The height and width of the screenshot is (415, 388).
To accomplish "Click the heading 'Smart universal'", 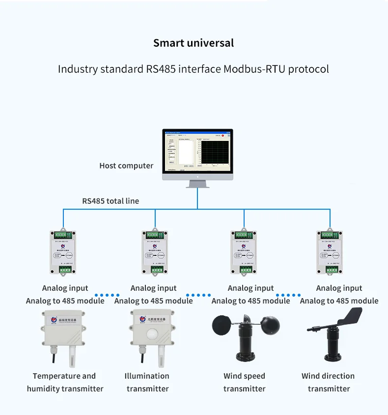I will [x=194, y=43].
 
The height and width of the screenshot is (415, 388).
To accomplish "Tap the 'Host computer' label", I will [x=126, y=166].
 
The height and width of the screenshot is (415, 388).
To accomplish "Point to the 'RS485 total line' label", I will [x=111, y=201].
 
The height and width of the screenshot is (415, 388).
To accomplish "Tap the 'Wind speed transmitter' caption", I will [x=244, y=382].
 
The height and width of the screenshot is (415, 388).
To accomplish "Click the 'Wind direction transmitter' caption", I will [x=328, y=382].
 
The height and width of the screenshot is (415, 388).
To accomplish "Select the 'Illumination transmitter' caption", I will [x=147, y=382].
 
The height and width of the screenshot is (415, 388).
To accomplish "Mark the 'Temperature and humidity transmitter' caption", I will [x=65, y=382].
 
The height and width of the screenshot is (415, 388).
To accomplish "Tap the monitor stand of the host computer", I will [x=197, y=183].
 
